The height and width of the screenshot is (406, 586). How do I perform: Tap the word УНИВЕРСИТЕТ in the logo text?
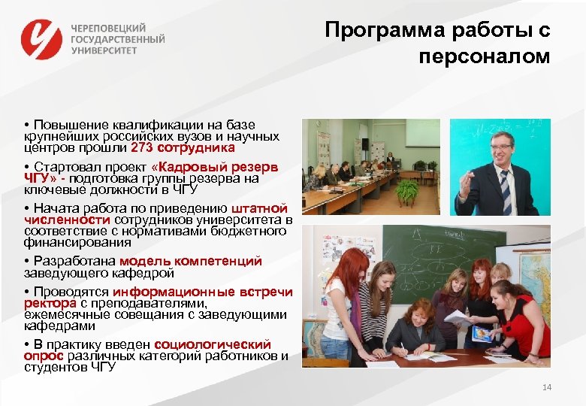104,50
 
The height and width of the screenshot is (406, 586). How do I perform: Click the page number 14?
546,386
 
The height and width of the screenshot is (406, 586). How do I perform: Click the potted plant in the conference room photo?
408,192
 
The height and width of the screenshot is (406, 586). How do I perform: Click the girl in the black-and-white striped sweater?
373,301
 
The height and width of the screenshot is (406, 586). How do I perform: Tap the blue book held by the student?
481,334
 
